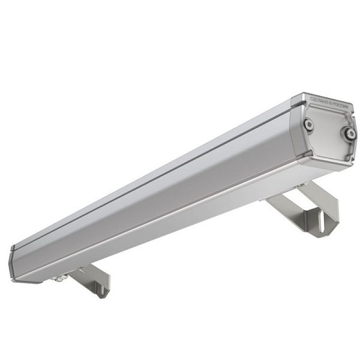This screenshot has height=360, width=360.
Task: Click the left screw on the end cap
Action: click(308, 124)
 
